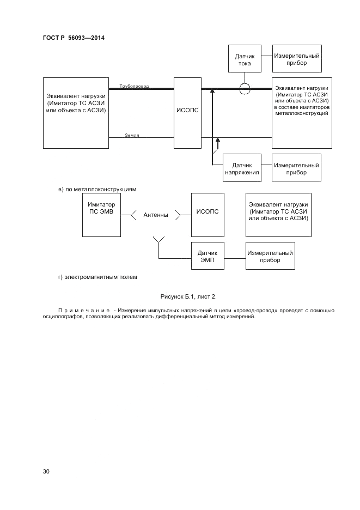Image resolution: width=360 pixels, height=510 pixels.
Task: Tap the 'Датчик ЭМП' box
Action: click(208, 256)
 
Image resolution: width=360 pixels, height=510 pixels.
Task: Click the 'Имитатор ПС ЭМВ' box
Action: click(101, 215)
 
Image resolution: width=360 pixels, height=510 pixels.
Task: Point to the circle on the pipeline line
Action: click(245, 88)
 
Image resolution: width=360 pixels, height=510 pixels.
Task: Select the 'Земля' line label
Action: click(132, 135)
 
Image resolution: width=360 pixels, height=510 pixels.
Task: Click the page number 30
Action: click(46, 472)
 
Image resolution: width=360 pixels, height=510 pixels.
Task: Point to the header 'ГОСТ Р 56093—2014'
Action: click(74, 38)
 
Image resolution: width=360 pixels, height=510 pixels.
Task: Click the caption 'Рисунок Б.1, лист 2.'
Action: click(188, 296)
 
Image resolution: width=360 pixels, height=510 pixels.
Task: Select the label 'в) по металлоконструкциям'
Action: click(97, 190)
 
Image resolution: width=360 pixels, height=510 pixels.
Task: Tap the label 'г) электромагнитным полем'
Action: click(97, 277)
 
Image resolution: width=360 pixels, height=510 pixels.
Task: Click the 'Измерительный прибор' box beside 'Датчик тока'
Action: click(296, 59)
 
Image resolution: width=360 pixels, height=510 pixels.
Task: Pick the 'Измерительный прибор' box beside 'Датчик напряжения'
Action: click(296, 168)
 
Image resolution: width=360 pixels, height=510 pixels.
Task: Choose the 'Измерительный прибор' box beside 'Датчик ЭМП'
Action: click(270, 256)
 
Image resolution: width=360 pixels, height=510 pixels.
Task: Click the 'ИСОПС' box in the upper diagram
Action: click(188, 113)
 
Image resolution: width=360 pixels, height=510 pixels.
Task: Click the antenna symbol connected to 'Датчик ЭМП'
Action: click(158, 240)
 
